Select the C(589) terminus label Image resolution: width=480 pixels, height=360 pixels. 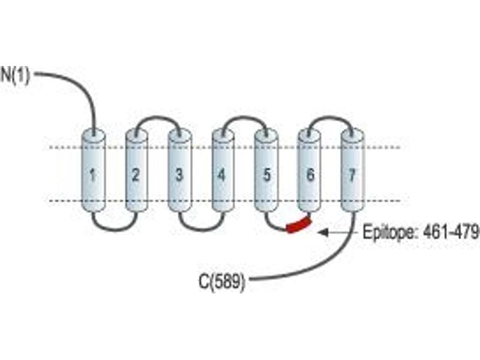pyautogui.click(x=222, y=281)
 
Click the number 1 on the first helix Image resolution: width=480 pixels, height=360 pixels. pyautogui.click(x=92, y=175)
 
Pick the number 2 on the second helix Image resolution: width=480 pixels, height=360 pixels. pyautogui.click(x=136, y=175)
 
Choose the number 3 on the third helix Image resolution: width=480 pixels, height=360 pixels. pyautogui.click(x=179, y=175)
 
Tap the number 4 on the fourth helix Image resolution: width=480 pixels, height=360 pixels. pyautogui.click(x=221, y=175)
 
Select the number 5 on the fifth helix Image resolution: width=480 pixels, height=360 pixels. pyautogui.click(x=267, y=175)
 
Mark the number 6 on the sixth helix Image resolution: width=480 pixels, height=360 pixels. pyautogui.click(x=310, y=175)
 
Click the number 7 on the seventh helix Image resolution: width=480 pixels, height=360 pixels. pyautogui.click(x=353, y=175)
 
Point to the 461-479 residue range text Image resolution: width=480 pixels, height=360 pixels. pyautogui.click(x=451, y=232)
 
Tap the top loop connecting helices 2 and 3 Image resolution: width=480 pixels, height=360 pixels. pyautogui.click(x=157, y=117)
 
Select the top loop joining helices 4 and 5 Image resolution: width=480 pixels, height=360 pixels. pyautogui.click(x=245, y=117)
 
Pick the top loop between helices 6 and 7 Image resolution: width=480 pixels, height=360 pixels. pyautogui.click(x=331, y=117)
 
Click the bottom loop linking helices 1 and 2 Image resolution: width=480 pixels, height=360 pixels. pyautogui.click(x=115, y=229)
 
